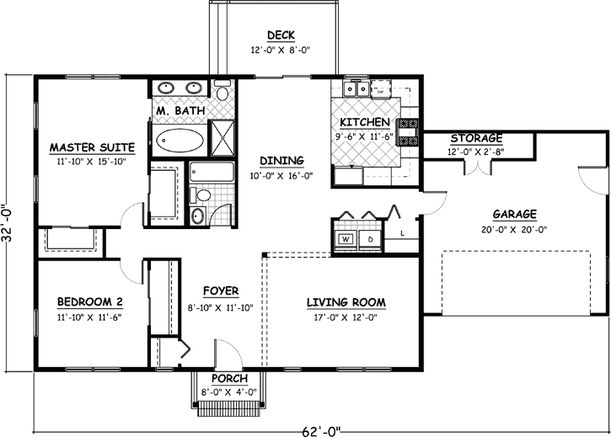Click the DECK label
(281, 35)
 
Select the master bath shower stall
(222, 140)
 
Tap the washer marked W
(346, 239)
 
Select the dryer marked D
(369, 239)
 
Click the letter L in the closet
(403, 232)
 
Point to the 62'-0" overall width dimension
(323, 431)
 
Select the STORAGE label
(476, 138)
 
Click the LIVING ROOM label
(346, 301)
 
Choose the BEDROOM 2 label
(90, 302)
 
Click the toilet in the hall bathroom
(202, 195)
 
